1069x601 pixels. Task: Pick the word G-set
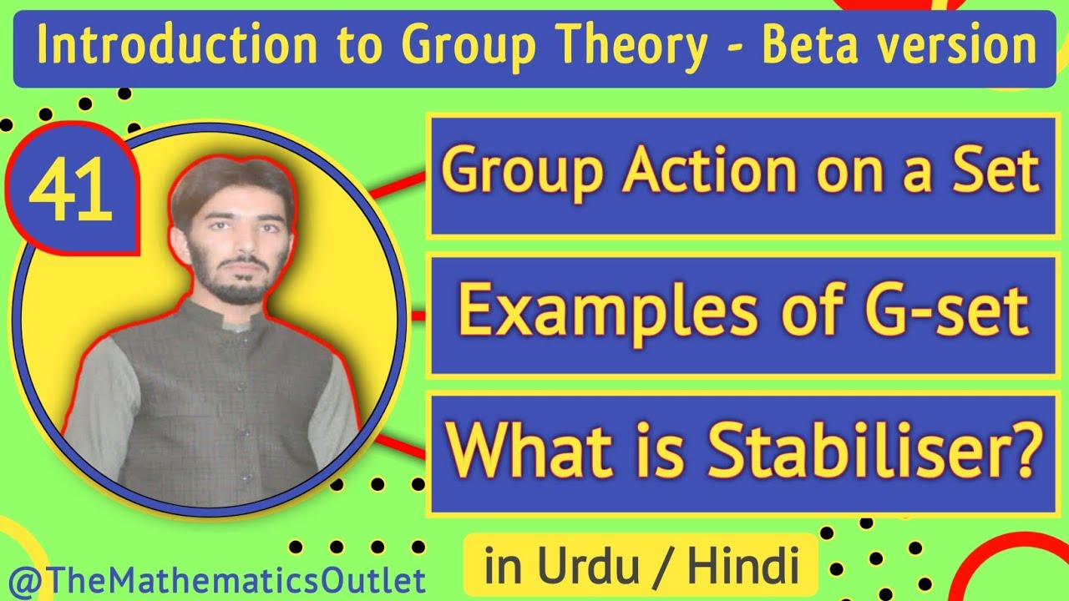tap(944, 311)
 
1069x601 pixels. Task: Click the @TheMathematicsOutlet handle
tap(214, 581)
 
